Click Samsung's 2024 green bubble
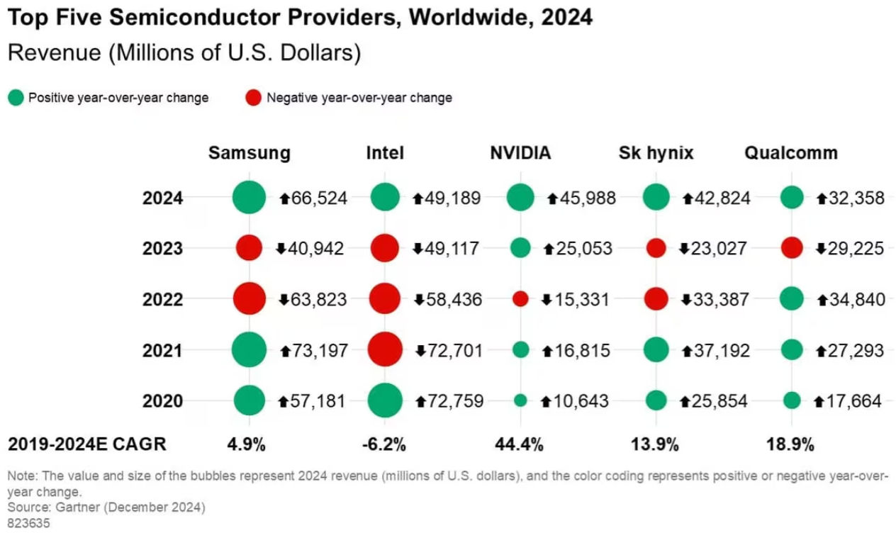249,198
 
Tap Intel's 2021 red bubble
385,349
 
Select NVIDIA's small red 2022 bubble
520,299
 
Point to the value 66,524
319,198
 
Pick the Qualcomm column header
790,153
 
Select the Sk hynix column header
656,153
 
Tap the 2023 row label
163,249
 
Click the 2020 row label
163,401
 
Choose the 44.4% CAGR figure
519,445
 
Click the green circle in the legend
15,98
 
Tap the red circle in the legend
253,98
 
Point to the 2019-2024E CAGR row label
86,444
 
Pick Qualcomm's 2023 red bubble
791,248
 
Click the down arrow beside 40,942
281,249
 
